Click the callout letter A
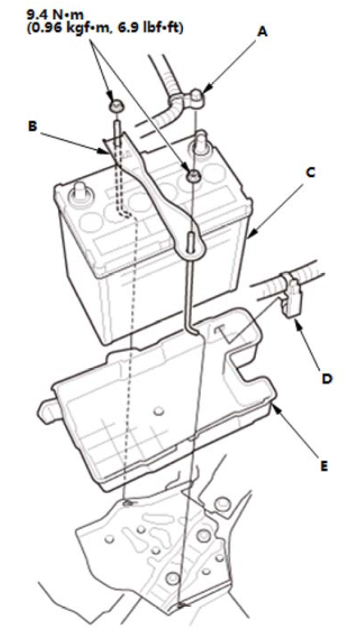point(262,31)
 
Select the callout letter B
point(32,126)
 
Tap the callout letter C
point(311,173)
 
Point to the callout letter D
point(326,379)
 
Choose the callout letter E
point(325,466)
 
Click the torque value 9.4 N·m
point(55,15)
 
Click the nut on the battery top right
point(192,176)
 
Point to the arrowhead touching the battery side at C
point(251,234)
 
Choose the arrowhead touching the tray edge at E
point(274,406)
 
